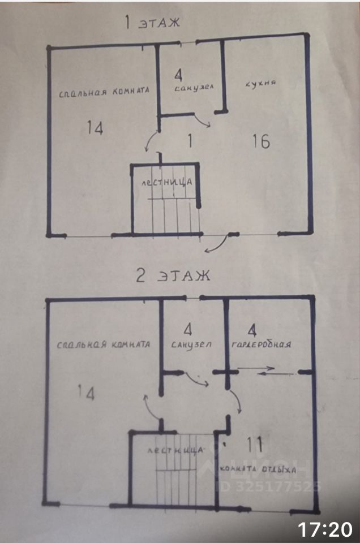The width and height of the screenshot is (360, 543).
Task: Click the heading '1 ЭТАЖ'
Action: (x=152, y=23)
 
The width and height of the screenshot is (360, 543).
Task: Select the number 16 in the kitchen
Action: (x=261, y=141)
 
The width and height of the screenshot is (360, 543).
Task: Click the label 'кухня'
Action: (x=260, y=84)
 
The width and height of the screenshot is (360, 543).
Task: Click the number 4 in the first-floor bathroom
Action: (x=179, y=74)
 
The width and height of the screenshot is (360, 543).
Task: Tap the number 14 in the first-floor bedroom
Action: (x=95, y=128)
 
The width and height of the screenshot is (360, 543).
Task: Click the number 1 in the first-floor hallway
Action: (x=190, y=141)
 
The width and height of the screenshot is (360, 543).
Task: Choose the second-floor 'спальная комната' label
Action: (x=104, y=344)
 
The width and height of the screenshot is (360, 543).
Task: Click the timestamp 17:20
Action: (x=325, y=529)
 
